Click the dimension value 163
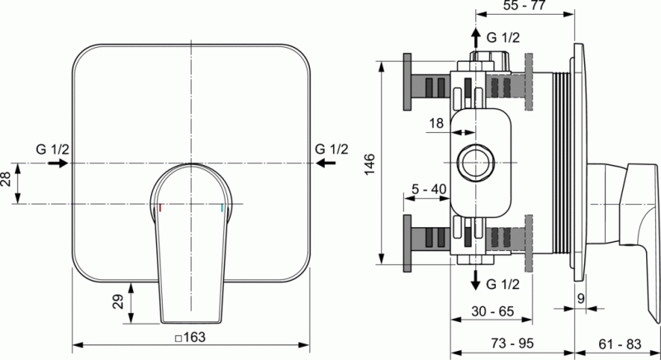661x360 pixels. click(x=194, y=337)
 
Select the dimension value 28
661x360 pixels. click(x=6, y=179)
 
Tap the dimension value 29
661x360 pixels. click(x=118, y=301)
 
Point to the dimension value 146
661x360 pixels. click(x=369, y=164)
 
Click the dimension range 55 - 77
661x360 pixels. click(x=525, y=6)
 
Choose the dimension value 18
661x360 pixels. click(x=436, y=123)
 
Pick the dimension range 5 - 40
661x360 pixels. click(x=429, y=189)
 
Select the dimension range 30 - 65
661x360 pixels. click(x=492, y=311)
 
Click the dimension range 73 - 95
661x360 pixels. click(x=512, y=343)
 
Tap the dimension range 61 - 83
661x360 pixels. click(x=620, y=344)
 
